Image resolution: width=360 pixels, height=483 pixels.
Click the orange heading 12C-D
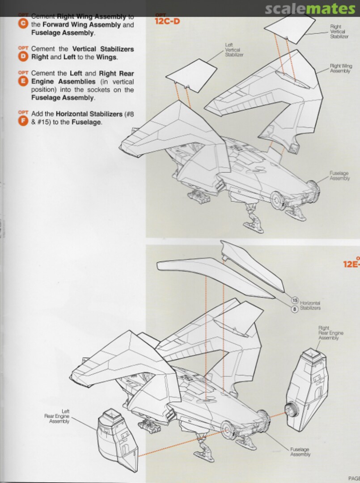[167, 21]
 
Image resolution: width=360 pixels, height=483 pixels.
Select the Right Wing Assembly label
[341, 68]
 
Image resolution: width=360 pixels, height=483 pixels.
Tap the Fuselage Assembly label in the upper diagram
[339, 176]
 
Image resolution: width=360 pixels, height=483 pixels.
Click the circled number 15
[294, 300]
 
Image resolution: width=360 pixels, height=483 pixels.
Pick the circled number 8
[294, 308]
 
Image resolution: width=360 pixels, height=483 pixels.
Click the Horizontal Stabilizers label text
[310, 305]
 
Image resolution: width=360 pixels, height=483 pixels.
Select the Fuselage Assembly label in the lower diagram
[300, 452]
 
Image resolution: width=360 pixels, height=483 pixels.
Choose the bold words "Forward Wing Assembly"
[76, 25]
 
